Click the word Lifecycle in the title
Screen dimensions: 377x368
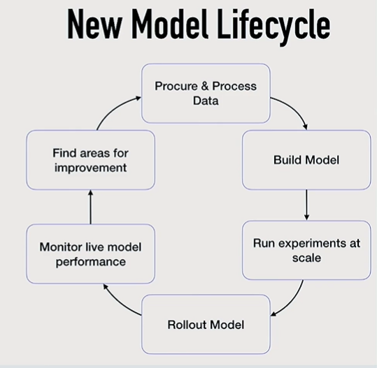tap(274, 26)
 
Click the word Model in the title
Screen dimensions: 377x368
tap(170, 24)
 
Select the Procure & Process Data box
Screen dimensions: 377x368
tap(206, 94)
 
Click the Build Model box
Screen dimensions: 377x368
tap(306, 160)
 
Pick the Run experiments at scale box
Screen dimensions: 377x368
tap(306, 250)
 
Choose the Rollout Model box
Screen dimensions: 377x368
tap(206, 324)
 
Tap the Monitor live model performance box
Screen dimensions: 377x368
tap(90, 253)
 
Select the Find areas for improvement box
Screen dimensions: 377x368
tap(90, 160)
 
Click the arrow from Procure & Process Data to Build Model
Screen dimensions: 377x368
tap(294, 108)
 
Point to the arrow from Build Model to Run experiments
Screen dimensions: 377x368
tap(306, 205)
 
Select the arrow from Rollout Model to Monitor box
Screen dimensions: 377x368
tap(118, 303)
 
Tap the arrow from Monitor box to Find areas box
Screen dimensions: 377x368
tap(90, 207)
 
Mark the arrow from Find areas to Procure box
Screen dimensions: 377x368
tap(115, 109)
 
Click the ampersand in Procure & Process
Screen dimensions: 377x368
tap(205, 86)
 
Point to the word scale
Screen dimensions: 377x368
tap(306, 258)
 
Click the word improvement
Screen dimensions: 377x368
tap(90, 168)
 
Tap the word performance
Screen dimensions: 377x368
tap(91, 262)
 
